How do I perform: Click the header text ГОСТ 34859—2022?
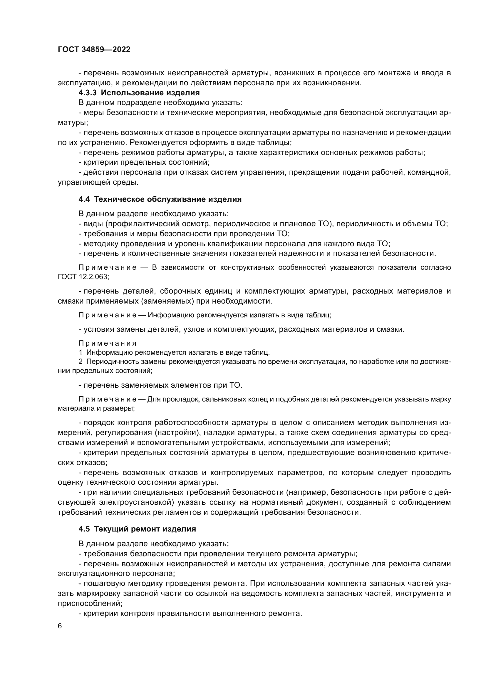94,49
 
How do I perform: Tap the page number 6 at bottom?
60,626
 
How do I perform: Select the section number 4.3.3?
87,93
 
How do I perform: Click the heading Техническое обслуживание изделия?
167,199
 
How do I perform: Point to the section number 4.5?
84,529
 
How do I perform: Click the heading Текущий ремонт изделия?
145,529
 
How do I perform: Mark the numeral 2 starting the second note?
81,362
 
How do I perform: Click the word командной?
431,172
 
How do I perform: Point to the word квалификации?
234,244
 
